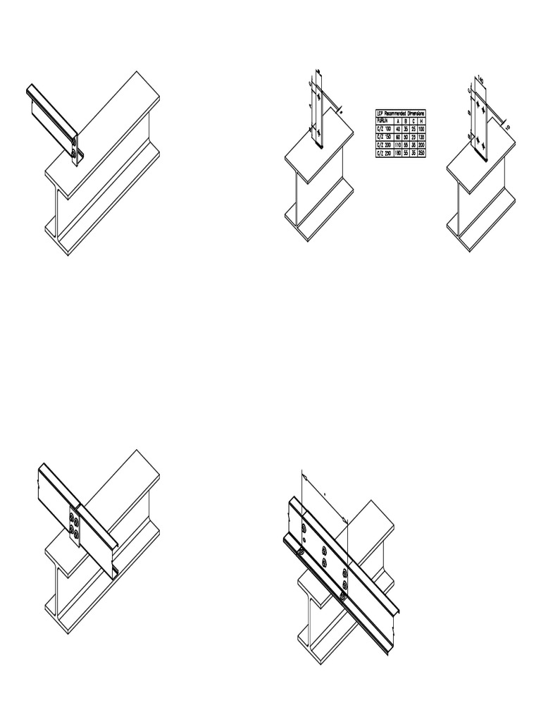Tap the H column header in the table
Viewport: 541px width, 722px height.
[421, 119]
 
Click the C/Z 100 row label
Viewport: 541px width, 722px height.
[387, 127]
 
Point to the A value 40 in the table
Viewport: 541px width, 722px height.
[398, 127]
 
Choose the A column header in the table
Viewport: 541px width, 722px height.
[398, 119]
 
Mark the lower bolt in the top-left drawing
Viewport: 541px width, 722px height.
[75, 151]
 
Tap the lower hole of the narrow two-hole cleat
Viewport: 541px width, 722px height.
[319, 132]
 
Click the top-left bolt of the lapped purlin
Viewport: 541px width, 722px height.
[303, 529]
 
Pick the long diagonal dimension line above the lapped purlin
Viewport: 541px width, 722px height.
[324, 495]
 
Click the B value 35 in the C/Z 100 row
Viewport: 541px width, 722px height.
[406, 127]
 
